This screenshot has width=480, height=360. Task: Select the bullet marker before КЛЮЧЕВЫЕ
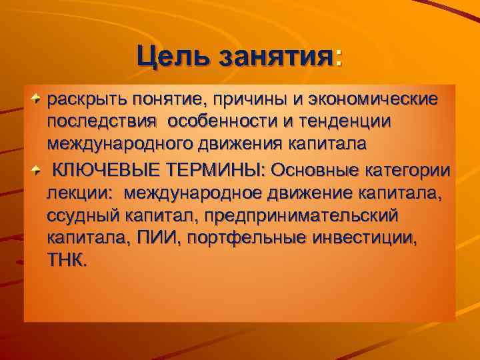coord(38,169)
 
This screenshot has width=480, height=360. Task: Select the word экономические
coord(373,99)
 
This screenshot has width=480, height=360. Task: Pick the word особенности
coord(228,123)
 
